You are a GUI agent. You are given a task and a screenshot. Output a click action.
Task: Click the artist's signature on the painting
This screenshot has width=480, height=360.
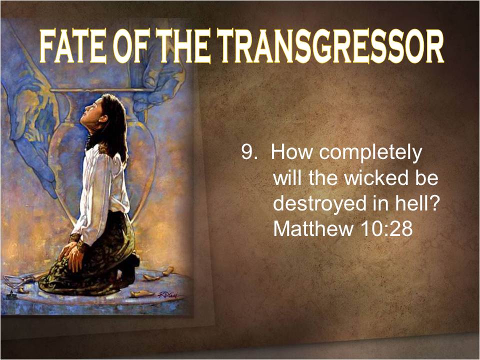(x=168, y=295)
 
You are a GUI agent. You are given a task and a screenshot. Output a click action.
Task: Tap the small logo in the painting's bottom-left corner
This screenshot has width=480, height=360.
(x=11, y=294)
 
